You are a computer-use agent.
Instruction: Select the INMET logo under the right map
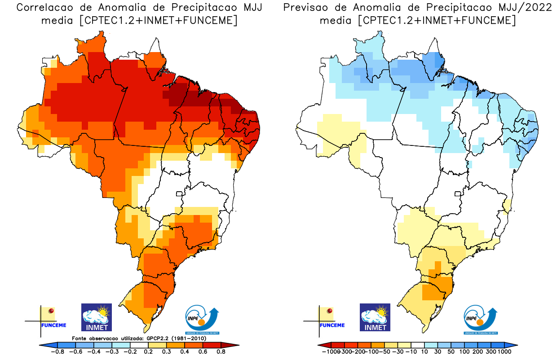(375, 317)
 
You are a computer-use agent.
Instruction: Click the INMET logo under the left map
(96, 317)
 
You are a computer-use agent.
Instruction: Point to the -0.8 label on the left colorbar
(58, 352)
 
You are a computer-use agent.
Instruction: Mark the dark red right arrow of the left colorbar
(234, 345)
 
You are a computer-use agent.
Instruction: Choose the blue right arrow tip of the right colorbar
(514, 345)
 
